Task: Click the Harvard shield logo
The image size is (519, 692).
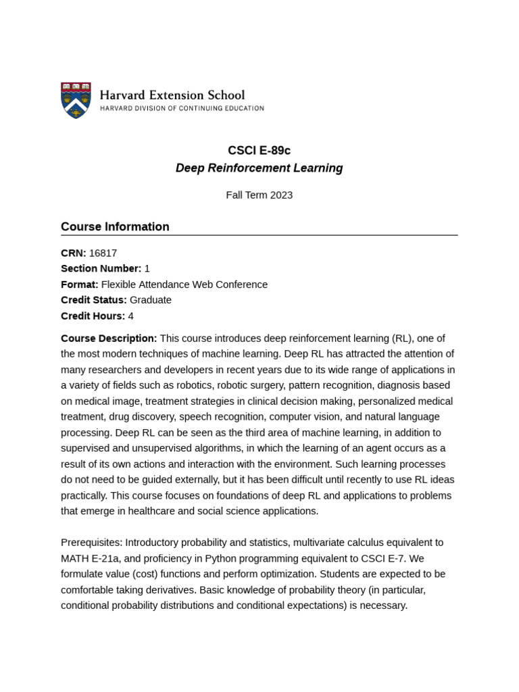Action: click(76, 100)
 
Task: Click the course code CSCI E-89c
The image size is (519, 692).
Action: click(259, 151)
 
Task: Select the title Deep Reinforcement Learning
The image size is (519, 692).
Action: click(259, 168)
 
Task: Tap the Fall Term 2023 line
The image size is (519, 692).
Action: click(259, 195)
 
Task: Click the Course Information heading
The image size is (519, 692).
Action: click(115, 227)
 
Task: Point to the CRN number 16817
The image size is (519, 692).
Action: click(103, 253)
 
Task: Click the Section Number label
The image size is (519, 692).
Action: click(101, 269)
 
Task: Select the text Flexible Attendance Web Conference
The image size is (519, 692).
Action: click(184, 285)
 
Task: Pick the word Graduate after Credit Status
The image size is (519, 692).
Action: click(150, 300)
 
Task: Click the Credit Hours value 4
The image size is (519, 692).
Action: click(130, 316)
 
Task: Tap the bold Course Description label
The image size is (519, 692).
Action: click(109, 339)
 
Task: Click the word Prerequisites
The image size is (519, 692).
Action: click(91, 543)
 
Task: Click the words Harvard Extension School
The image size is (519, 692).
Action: click(172, 95)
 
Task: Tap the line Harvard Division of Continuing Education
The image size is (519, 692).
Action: click(182, 108)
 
